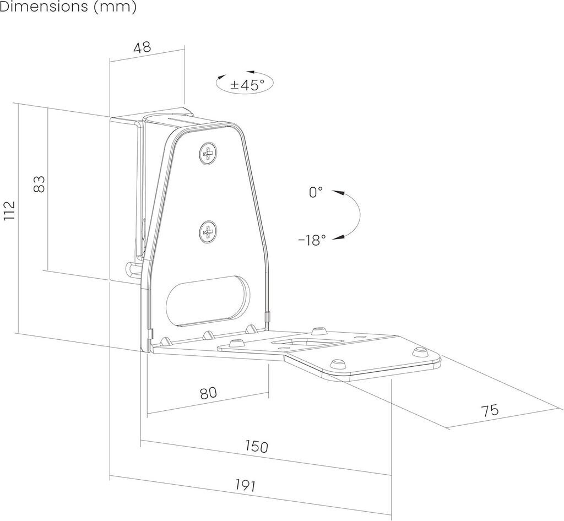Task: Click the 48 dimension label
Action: [142, 47]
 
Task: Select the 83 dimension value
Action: [39, 183]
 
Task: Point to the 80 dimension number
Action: [208, 393]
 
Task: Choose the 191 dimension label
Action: [245, 485]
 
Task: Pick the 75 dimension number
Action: [489, 410]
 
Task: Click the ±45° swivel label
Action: [245, 84]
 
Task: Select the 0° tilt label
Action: [316, 192]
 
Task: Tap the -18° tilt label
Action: [312, 240]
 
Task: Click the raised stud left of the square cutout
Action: [236, 343]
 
